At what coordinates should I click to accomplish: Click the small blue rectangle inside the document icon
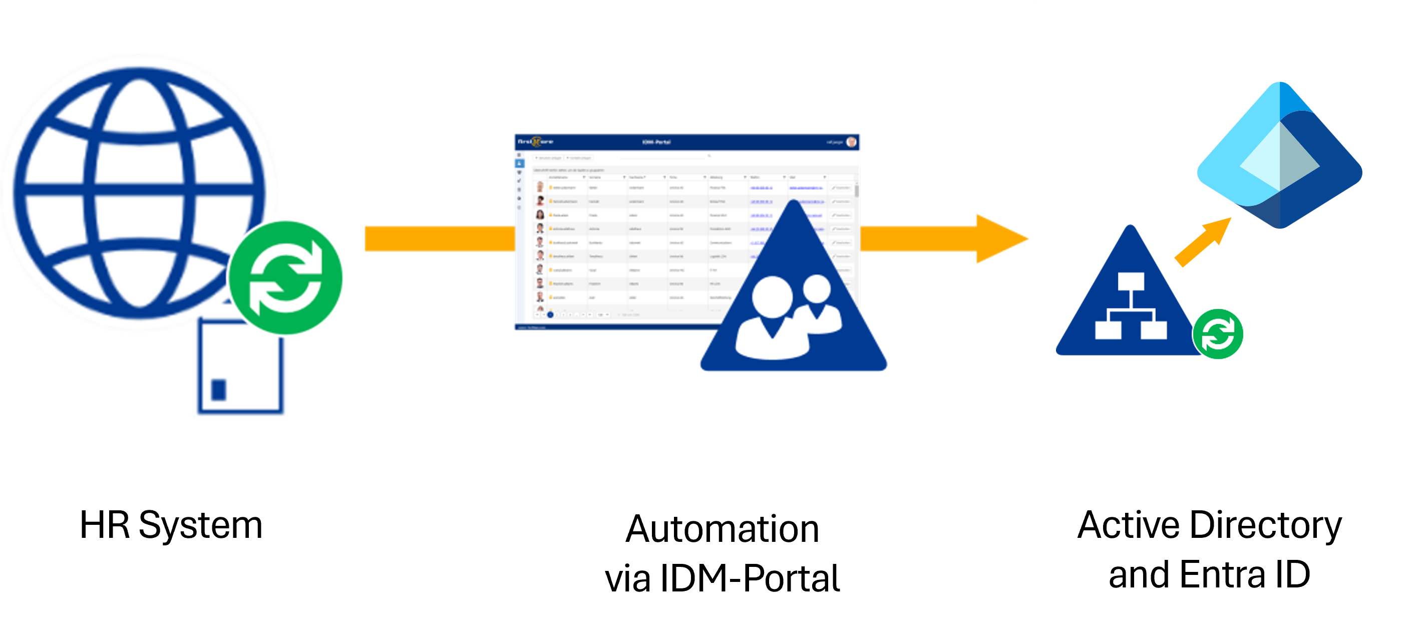(x=219, y=390)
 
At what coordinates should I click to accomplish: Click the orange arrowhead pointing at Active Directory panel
(x=1000, y=239)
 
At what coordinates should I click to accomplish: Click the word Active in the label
(x=1127, y=525)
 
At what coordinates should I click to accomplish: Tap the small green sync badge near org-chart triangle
(x=1217, y=334)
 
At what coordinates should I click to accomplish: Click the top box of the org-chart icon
(x=1131, y=281)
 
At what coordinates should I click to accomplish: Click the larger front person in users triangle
(x=772, y=319)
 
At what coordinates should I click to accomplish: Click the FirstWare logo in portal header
(x=536, y=142)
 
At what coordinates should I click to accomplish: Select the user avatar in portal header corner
(x=851, y=142)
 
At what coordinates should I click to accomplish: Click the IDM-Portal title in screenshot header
(x=656, y=142)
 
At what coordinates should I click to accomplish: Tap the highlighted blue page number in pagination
(x=550, y=315)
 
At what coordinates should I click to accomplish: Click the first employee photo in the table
(x=540, y=187)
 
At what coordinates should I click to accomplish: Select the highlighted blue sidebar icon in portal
(x=519, y=164)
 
